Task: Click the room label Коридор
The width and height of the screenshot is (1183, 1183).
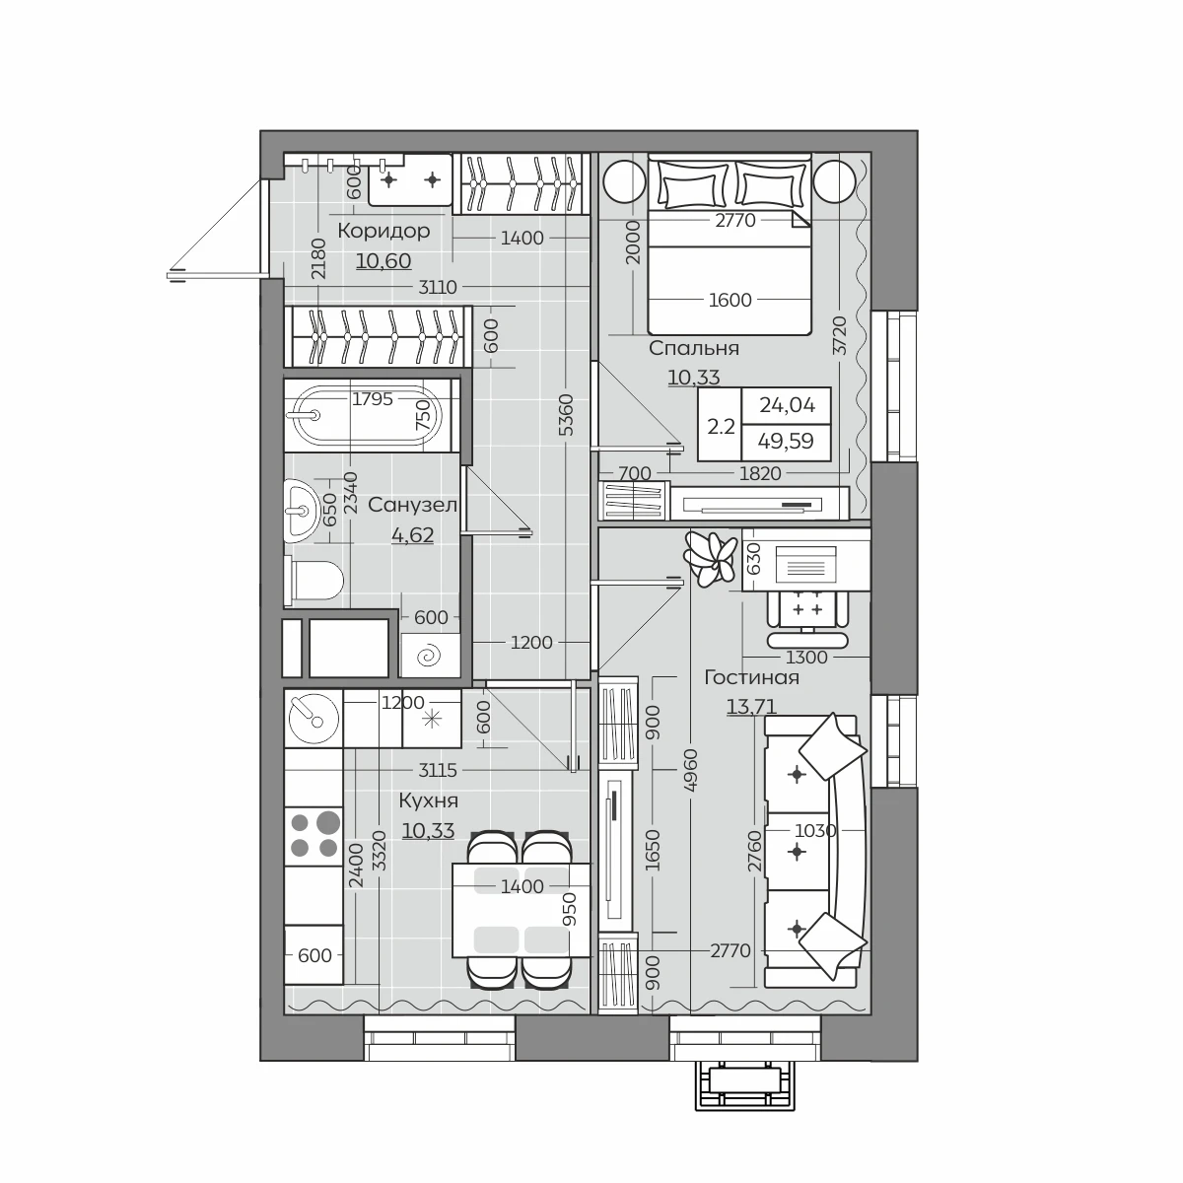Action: pos(383,232)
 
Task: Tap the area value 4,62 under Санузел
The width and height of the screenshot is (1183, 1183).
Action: pos(412,535)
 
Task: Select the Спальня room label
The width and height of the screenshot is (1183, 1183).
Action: pos(694,348)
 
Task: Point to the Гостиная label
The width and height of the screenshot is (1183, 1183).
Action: pos(751,677)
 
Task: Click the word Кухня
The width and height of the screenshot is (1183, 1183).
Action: pos(429,800)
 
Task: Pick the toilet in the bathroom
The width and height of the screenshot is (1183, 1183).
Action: pos(314,580)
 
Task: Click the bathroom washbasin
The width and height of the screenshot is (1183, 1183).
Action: pos(302,511)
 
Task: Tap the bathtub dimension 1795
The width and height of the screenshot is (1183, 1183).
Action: pos(372,399)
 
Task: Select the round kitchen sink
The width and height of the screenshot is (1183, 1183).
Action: pos(313,719)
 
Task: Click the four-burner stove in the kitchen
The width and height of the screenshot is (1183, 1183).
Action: pos(313,836)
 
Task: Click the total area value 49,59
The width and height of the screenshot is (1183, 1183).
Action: pos(787,441)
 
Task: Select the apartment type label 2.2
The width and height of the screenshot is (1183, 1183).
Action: pos(721,426)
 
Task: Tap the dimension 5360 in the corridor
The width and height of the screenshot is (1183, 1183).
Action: pos(567,415)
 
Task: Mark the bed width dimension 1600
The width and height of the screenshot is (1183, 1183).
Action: pos(730,301)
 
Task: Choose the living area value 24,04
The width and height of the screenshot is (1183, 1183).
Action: pos(787,405)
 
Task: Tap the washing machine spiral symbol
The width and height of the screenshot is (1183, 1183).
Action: pos(429,656)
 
